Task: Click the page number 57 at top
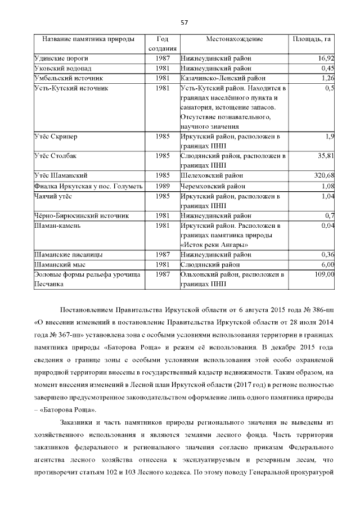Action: coord(183,22)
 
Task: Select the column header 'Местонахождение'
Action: coord(234,39)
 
